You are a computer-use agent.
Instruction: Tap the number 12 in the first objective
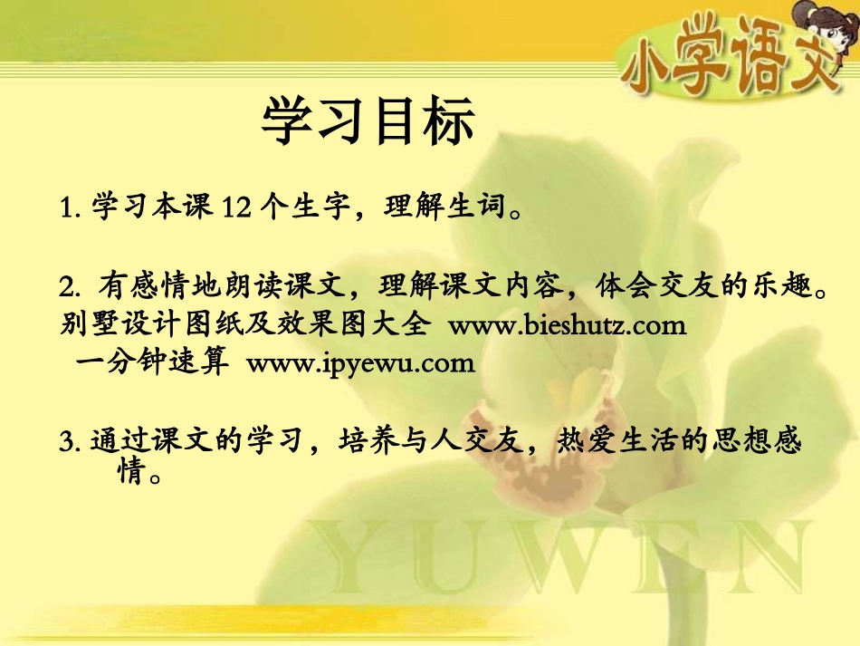coord(234,209)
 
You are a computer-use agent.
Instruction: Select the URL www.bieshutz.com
coord(567,325)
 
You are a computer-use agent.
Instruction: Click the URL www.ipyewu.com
coord(360,363)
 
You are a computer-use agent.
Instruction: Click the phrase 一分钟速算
coord(150,363)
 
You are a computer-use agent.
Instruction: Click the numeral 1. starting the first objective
coord(70,210)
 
